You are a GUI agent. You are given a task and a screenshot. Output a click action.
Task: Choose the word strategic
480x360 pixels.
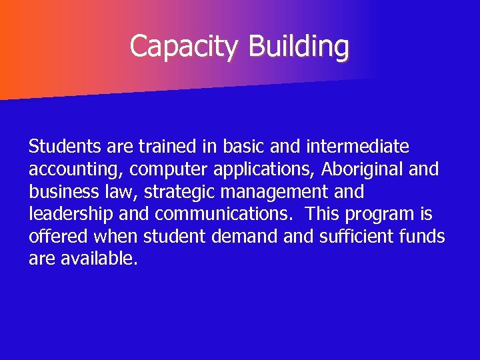coord(175,193)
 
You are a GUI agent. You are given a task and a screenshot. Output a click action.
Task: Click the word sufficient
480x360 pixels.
coord(355,237)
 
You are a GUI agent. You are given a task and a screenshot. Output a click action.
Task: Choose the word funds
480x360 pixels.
coord(425,237)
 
